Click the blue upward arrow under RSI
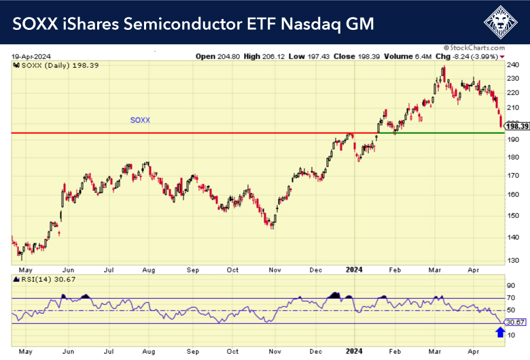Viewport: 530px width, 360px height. tap(501, 331)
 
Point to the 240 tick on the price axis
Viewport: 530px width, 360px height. tap(513, 65)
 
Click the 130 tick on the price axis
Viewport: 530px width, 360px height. tap(513, 260)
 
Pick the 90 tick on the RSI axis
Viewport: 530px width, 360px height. tap(512, 285)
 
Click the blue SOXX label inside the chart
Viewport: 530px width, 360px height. tap(140, 120)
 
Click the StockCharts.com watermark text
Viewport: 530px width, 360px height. tap(484, 48)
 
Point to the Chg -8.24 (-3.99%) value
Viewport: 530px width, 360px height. tap(465, 56)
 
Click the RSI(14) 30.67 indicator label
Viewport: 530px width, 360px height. tap(40, 280)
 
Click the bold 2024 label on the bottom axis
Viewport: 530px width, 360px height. tap(355, 351)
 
